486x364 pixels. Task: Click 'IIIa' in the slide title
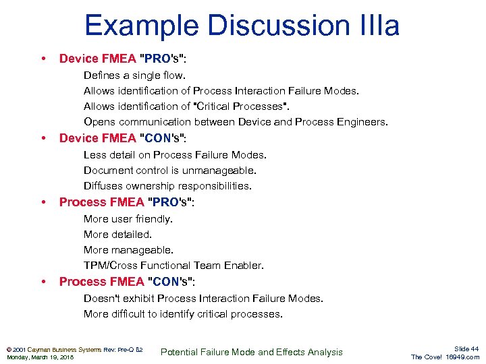376,26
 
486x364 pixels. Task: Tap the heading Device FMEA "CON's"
123,138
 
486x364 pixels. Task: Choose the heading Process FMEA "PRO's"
126,202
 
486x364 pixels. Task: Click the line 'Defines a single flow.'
134,75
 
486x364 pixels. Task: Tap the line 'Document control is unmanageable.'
170,171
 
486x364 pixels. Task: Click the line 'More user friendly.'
128,218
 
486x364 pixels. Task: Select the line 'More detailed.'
117,235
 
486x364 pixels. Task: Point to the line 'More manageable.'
128,250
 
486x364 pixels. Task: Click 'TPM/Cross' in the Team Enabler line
109,266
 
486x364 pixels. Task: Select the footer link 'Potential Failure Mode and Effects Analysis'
251,352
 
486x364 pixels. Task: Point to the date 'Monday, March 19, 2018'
40,357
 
